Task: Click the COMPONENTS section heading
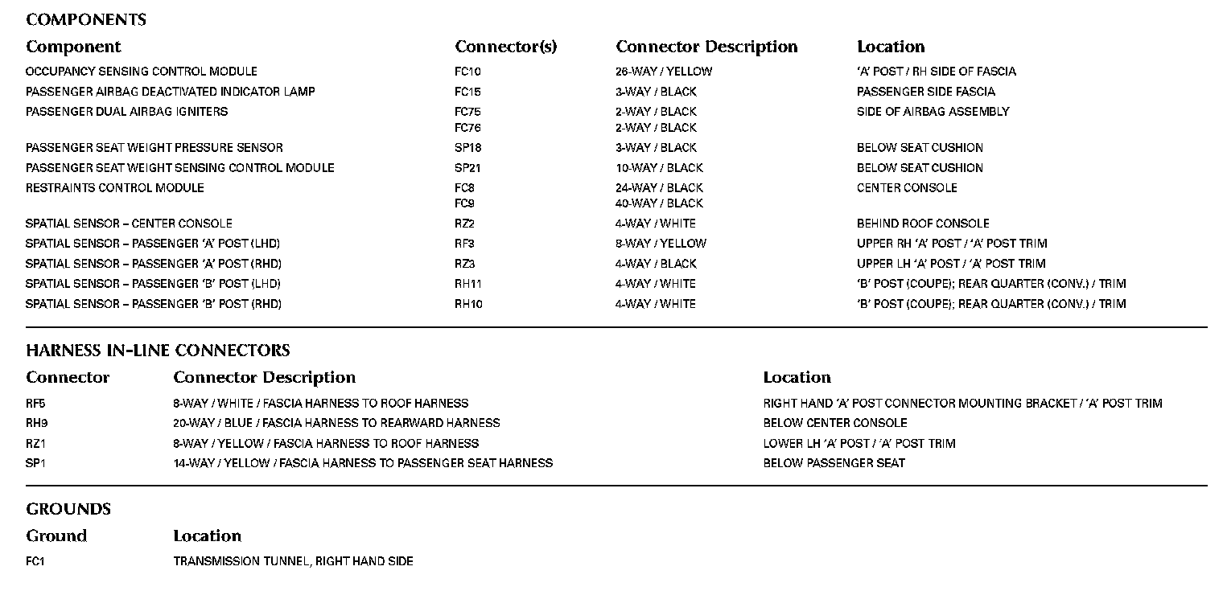point(86,19)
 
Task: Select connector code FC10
point(467,72)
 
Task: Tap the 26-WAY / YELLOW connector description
point(664,72)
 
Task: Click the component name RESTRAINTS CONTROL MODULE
point(115,188)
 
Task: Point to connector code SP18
point(467,148)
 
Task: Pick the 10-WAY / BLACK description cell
point(659,168)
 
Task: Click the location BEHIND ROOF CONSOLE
point(923,224)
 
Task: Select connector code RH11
point(468,284)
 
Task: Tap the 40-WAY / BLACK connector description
point(659,203)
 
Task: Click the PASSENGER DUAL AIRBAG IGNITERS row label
point(126,112)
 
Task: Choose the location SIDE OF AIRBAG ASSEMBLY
point(933,112)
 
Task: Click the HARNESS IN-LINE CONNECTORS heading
point(158,351)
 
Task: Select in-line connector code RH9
point(37,423)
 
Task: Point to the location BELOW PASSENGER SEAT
point(834,463)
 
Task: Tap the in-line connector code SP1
point(35,463)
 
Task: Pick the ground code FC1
point(35,561)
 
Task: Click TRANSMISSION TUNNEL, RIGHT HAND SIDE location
point(293,561)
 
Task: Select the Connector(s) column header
point(505,47)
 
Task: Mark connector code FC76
point(467,128)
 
